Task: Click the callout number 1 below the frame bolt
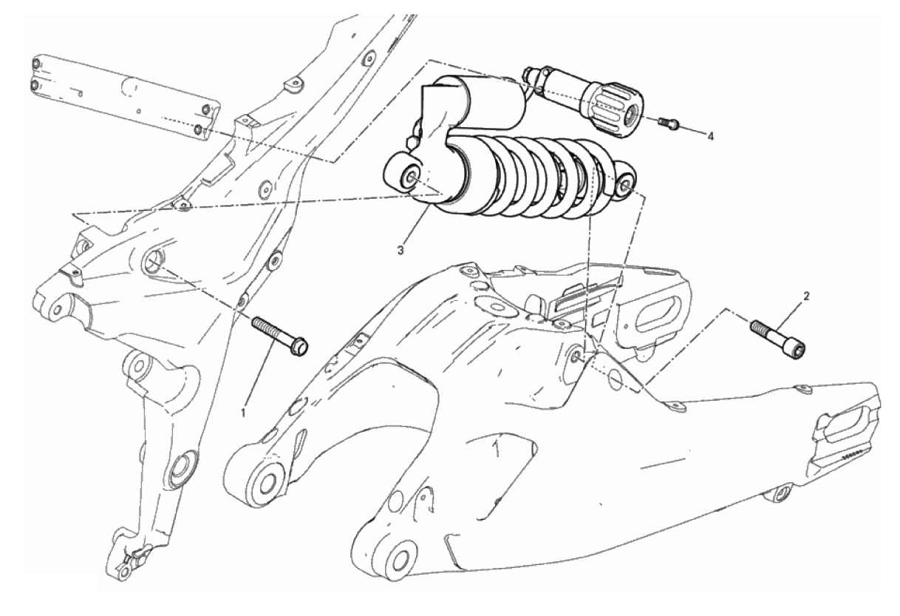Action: coord(242,412)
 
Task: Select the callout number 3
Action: coord(400,250)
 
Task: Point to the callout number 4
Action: coord(710,137)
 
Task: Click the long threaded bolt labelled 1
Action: coord(279,336)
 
